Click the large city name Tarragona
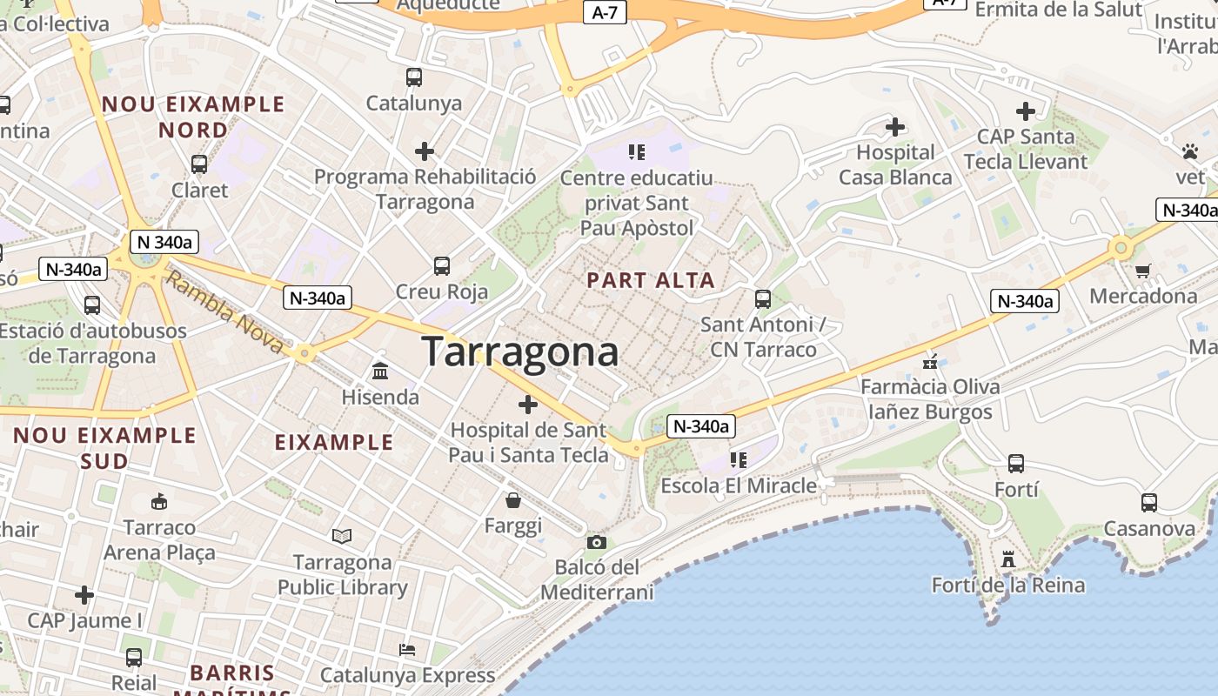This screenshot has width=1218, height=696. point(520,351)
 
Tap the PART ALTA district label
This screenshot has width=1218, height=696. point(651,280)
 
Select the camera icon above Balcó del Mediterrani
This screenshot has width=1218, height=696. point(596,543)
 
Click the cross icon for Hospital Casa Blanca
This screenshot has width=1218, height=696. point(895,127)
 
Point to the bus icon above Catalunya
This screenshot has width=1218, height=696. point(414,77)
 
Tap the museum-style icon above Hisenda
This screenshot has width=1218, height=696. point(380,371)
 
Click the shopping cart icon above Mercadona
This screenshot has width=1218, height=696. point(1143,271)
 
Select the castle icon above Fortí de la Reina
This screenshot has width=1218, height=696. point(1008,559)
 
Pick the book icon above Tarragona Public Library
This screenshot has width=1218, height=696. point(342,537)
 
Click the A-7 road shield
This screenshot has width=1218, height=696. point(605,12)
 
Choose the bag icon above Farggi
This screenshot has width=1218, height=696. point(513,500)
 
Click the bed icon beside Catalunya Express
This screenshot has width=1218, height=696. point(406,649)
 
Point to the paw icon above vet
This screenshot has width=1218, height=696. point(1190,151)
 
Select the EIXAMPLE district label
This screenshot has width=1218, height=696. point(334,442)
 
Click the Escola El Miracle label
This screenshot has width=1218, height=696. point(739,485)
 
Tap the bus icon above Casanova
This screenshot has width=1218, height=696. point(1149,502)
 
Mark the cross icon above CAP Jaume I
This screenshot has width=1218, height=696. point(84,595)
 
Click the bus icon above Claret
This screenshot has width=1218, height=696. point(199,164)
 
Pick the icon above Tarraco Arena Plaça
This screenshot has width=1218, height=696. point(158,501)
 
